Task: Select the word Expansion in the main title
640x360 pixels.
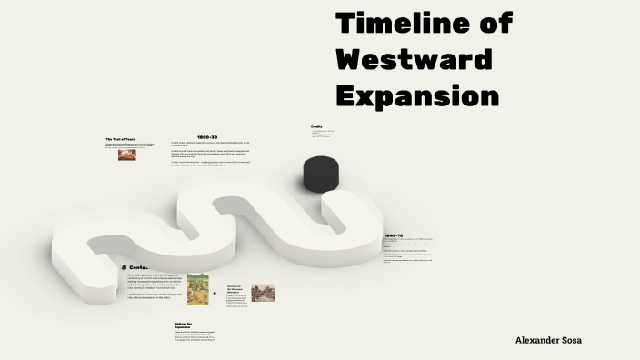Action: point(417,95)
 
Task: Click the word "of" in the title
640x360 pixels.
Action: point(492,24)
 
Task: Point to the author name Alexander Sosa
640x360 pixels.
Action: point(548,340)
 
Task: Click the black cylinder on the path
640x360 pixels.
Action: point(321,173)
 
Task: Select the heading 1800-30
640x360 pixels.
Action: point(207,137)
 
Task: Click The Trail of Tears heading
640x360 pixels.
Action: point(120,139)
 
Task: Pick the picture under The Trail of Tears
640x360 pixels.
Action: point(127,155)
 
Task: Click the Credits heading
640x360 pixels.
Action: point(316,126)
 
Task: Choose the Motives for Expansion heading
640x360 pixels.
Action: point(186,325)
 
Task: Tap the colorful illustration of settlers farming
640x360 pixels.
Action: point(198,289)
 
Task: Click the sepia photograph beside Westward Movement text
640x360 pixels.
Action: point(263,294)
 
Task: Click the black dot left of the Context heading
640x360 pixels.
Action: point(124,267)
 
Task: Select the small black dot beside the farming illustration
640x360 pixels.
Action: point(215,293)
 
